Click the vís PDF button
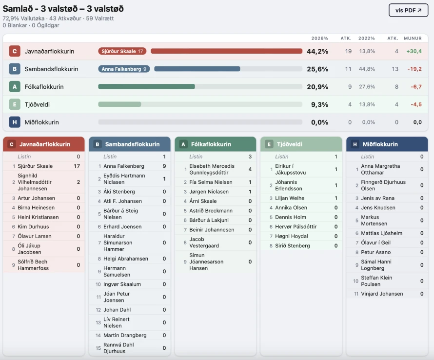[x=408, y=10]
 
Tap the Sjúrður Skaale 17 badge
[x=122, y=51]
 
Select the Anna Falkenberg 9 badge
[x=124, y=69]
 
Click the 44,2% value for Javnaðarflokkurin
[x=317, y=51]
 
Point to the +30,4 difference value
[x=414, y=51]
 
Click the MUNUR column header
[x=413, y=38]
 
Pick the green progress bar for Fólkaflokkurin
[x=146, y=87]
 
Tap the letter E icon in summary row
[x=15, y=104]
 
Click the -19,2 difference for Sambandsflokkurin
[x=414, y=69]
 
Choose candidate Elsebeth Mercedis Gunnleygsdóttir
[x=212, y=169]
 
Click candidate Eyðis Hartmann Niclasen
[x=124, y=179]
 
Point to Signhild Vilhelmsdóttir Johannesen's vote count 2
[x=78, y=182]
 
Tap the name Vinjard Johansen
[x=382, y=294]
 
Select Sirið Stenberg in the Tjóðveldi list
[x=292, y=246]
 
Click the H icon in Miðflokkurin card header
[x=355, y=144]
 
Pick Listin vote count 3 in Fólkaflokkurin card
[x=250, y=157]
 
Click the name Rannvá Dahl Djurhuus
[x=118, y=348]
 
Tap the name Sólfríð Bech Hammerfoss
[x=33, y=265]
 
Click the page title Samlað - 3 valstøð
[x=63, y=9]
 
